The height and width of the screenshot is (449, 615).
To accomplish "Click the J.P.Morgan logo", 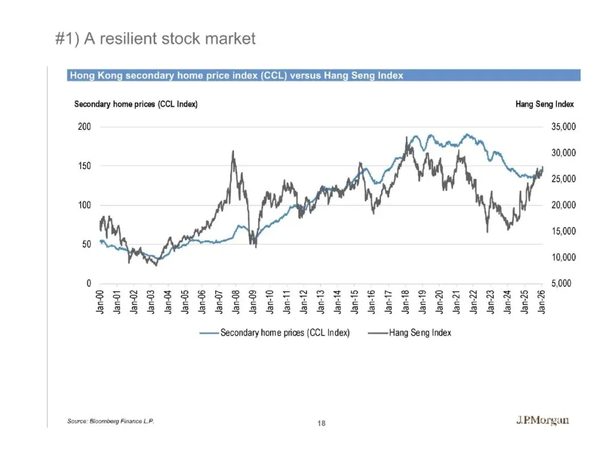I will point(542,421).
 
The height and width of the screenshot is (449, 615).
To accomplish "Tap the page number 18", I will point(322,423).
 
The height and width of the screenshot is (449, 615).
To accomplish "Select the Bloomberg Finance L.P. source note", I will point(111,421).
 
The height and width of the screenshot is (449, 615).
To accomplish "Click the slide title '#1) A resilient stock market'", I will point(155,39).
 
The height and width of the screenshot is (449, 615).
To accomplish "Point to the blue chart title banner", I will point(323,75).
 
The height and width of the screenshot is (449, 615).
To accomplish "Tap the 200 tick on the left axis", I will point(84,126).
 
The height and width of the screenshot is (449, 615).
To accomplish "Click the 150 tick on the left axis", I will point(84,166).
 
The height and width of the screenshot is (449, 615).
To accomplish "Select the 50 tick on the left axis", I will point(86,244).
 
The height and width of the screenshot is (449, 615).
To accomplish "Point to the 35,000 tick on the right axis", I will point(564,126).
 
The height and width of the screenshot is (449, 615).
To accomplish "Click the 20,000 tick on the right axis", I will point(564,205).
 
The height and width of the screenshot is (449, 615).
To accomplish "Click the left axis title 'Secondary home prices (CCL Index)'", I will point(136,104).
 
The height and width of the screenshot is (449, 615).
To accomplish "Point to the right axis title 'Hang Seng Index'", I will point(544,104).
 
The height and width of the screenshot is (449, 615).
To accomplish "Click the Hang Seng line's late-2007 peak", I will point(233,152).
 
